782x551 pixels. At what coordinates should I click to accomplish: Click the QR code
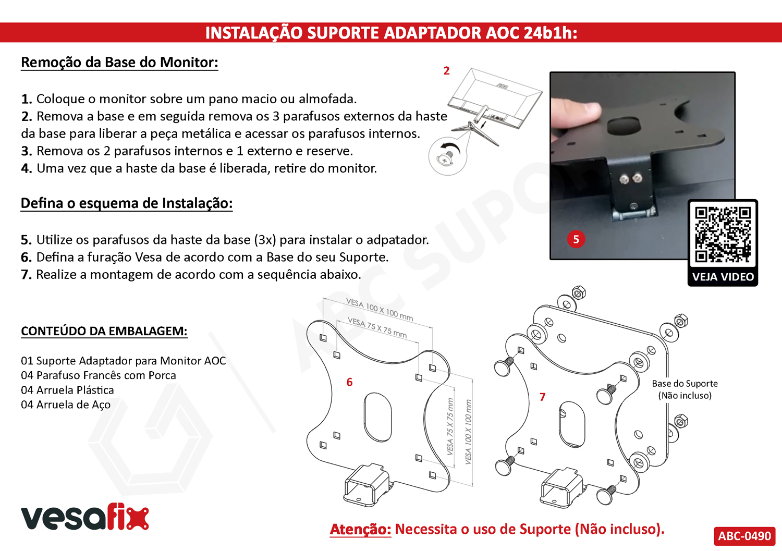(723, 234)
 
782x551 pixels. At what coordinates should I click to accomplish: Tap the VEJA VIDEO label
(723, 277)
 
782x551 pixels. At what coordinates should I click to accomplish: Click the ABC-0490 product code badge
(744, 536)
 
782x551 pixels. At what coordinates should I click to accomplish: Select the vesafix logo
(85, 517)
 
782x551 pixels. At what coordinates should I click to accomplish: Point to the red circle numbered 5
(576, 239)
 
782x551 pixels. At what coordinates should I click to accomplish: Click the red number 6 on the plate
(349, 382)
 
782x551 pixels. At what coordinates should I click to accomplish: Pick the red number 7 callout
(542, 397)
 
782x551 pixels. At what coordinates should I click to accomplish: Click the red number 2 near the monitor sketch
(446, 71)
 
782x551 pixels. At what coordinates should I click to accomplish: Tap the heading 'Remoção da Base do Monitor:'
(119, 63)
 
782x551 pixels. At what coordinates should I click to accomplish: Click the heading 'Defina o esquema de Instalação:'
(127, 203)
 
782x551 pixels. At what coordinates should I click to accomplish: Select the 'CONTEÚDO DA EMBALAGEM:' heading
(104, 331)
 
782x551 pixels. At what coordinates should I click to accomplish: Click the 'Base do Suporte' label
(685, 384)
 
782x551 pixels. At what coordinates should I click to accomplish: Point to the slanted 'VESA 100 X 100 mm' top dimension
(380, 309)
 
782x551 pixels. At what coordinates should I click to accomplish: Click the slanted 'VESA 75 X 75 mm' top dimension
(377, 327)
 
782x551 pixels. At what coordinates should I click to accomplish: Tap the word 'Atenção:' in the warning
(360, 530)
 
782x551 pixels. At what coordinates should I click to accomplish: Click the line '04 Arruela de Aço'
(66, 405)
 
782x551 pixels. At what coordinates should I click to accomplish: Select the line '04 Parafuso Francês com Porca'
(99, 375)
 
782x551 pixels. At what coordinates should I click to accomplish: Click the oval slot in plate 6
(377, 417)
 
